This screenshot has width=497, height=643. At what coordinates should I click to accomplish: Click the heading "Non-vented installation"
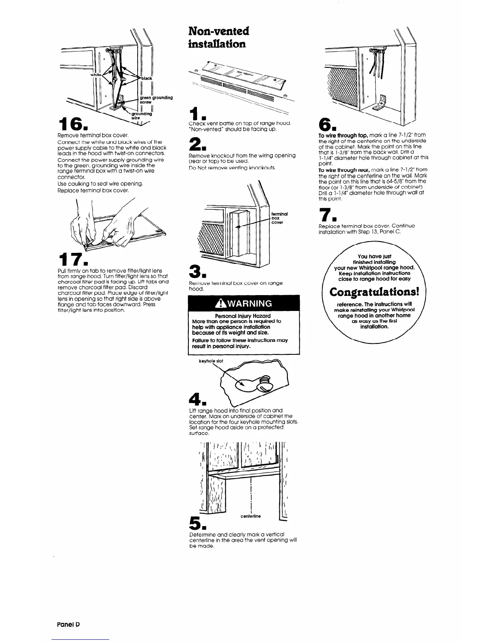click(219, 37)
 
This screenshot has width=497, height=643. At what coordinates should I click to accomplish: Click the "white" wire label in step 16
click(96, 75)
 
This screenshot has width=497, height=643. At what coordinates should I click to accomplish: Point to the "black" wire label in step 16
click(147, 78)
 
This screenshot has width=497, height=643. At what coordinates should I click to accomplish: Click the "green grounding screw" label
click(156, 99)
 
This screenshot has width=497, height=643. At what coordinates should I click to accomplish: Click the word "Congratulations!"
click(373, 292)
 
